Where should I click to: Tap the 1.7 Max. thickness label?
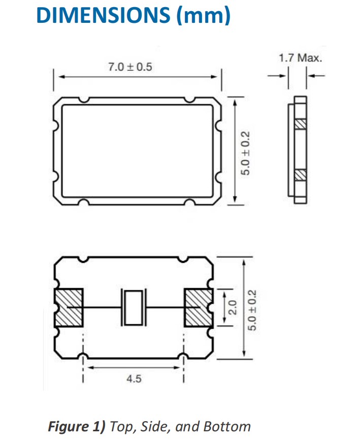pyautogui.click(x=300, y=58)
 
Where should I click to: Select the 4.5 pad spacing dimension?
pyautogui.click(x=134, y=378)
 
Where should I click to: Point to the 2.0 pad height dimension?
pyautogui.click(x=233, y=307)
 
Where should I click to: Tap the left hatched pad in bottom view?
pyautogui.click(x=68, y=307)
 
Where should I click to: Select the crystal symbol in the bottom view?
pyautogui.click(x=134, y=307)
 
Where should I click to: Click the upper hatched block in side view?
pyautogui.click(x=300, y=123)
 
